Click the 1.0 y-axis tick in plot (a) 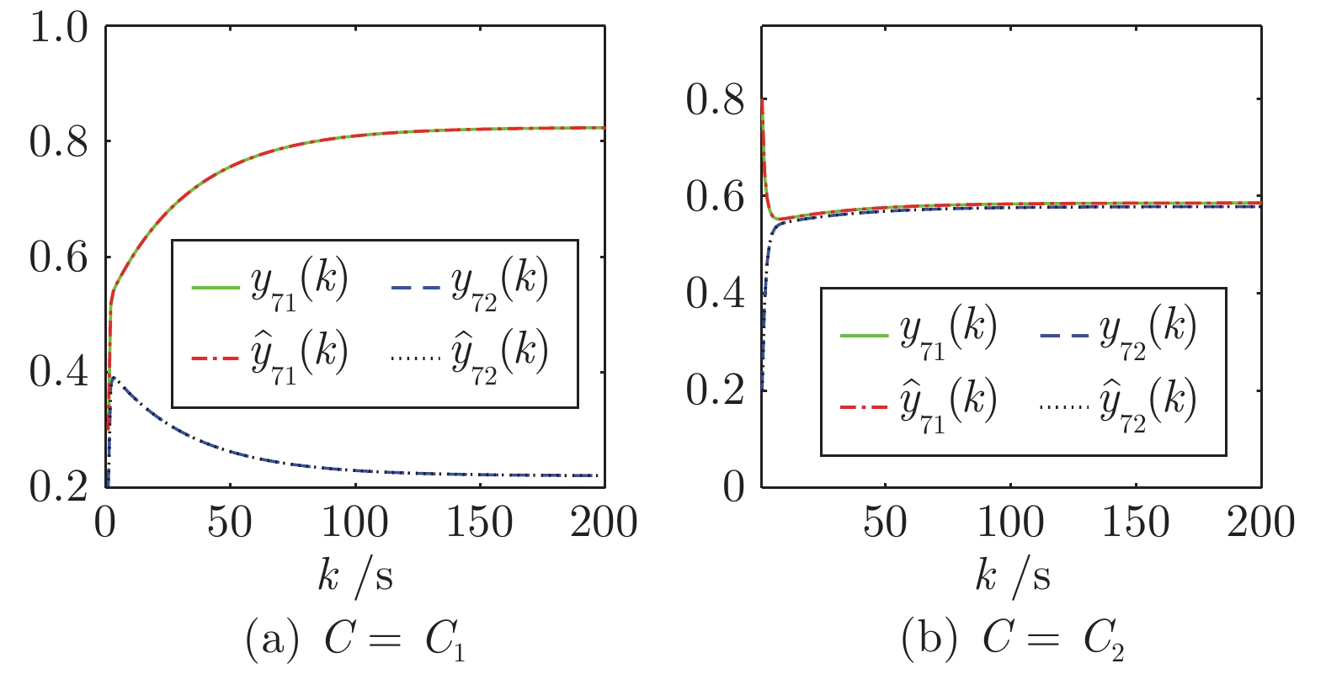click(x=58, y=28)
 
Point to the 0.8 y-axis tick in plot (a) click(x=58, y=142)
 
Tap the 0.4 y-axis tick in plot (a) click(x=58, y=372)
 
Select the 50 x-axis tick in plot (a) click(x=229, y=523)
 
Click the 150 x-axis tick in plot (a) click(x=479, y=523)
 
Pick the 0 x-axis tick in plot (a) click(x=105, y=523)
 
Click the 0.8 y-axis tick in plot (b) click(x=716, y=100)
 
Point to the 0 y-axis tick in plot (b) click(x=734, y=487)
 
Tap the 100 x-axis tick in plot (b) click(x=1010, y=523)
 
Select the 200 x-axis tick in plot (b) click(x=1260, y=523)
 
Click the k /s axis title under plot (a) click(x=355, y=576)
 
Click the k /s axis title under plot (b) click(x=1013, y=576)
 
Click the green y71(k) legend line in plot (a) click(x=216, y=288)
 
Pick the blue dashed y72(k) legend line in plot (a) click(x=416, y=288)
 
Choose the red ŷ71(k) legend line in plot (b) click(x=864, y=406)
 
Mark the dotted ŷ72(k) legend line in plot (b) click(x=1064, y=406)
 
